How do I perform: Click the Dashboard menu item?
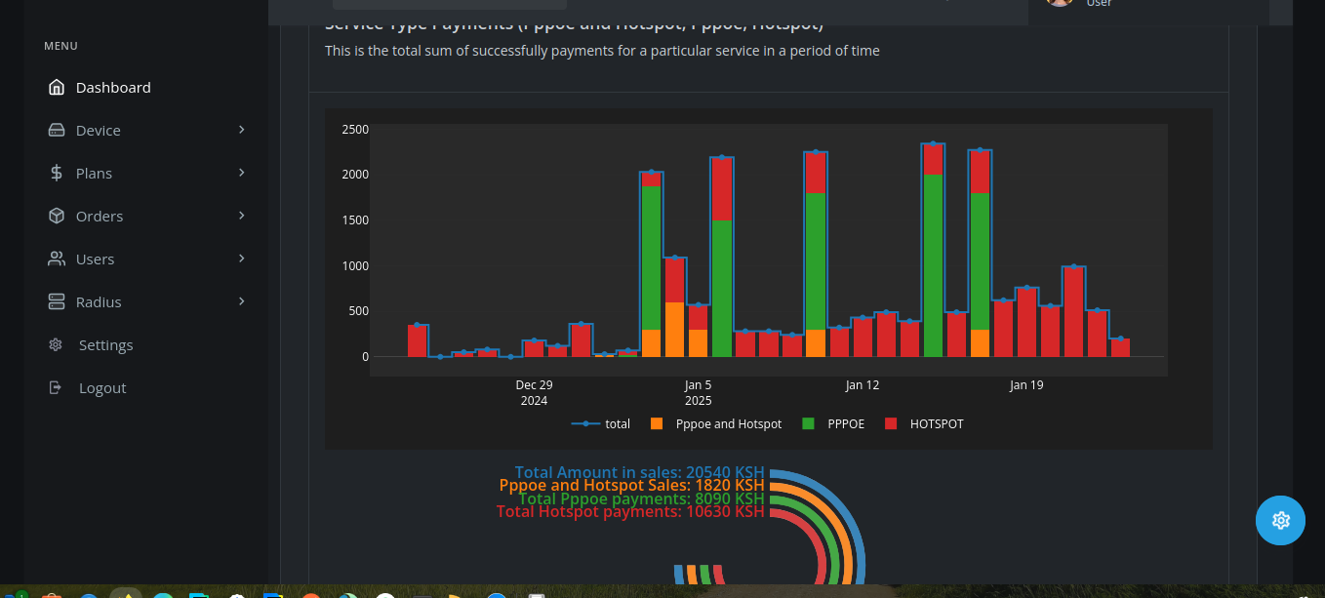click(112, 88)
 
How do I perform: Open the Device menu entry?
click(98, 131)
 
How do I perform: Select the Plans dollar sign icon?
click(57, 174)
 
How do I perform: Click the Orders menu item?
click(99, 217)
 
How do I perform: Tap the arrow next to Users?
click(241, 259)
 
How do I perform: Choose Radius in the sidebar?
click(99, 302)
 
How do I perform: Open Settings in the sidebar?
click(105, 345)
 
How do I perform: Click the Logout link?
click(102, 388)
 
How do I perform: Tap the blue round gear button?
click(1280, 520)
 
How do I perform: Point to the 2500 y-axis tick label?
click(354, 129)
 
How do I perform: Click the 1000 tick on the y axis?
click(354, 265)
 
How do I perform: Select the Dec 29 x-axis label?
click(534, 385)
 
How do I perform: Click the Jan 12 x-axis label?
click(863, 385)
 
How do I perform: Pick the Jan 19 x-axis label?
click(1026, 385)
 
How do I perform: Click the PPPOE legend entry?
click(845, 424)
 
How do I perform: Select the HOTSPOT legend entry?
click(936, 424)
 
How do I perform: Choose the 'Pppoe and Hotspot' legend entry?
click(728, 424)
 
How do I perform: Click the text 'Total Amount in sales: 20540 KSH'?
click(639, 472)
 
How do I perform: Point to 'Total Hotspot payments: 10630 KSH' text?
click(630, 511)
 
